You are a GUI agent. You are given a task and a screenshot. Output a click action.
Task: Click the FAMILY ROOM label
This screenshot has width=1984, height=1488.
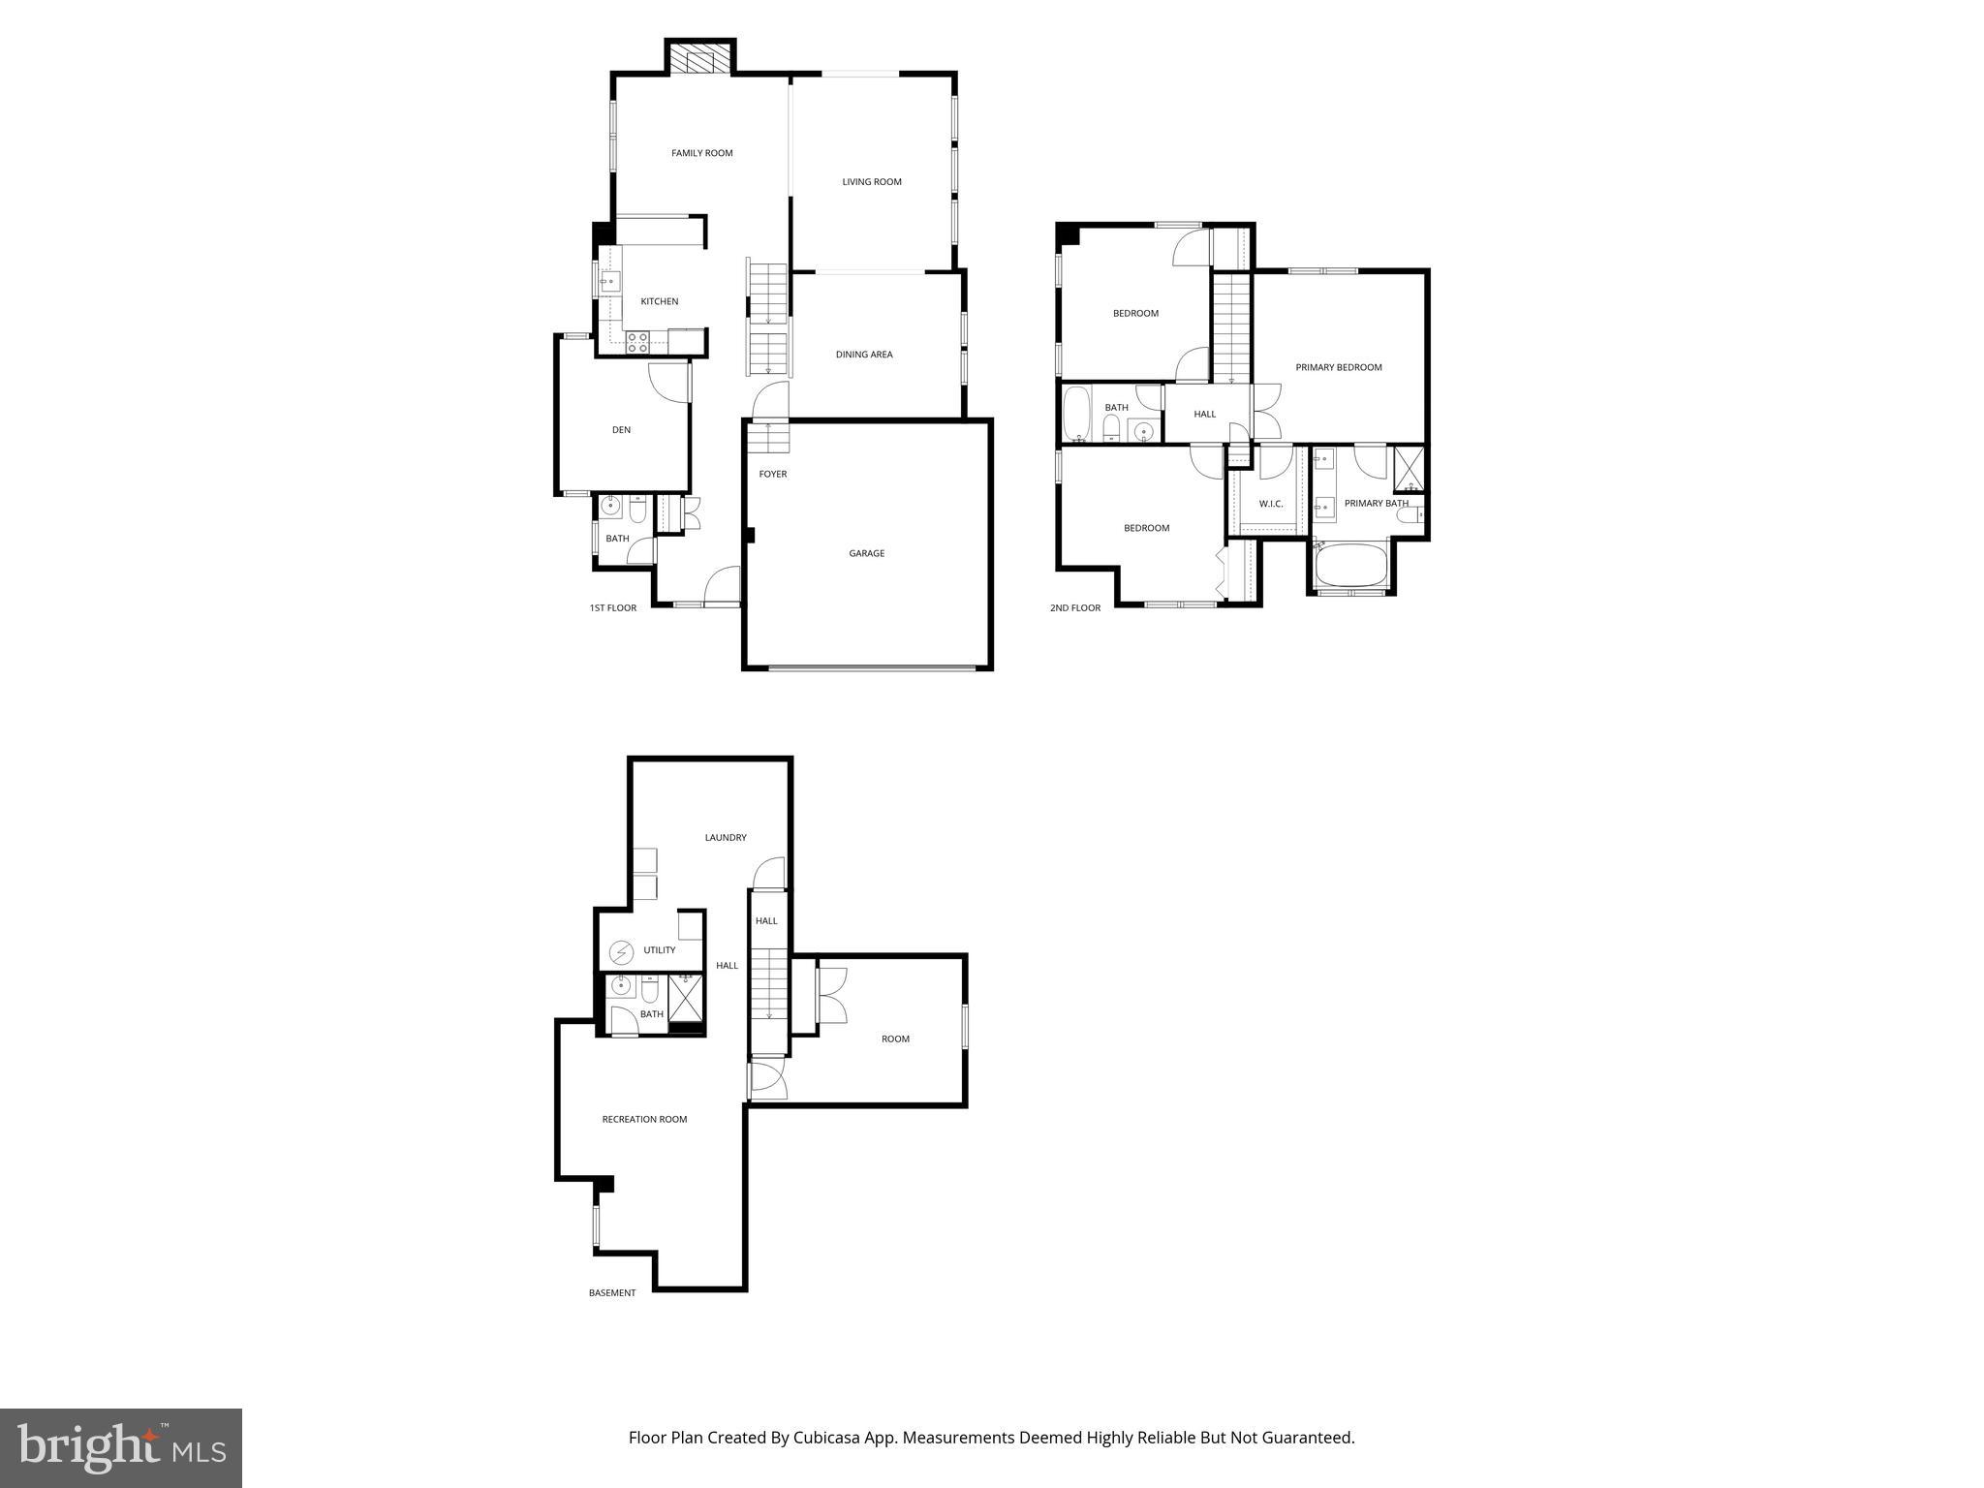[x=701, y=153]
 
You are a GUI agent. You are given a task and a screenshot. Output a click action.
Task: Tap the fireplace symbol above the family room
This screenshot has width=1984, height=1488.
[x=700, y=58]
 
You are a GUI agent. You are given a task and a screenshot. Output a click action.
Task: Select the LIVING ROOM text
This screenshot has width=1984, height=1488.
[x=872, y=182]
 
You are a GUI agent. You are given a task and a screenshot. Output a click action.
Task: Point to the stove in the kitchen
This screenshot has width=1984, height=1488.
[x=637, y=341]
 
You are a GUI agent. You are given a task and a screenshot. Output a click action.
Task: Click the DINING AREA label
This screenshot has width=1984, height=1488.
[x=864, y=355]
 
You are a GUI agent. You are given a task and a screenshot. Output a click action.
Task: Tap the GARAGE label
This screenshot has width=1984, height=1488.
[x=866, y=553]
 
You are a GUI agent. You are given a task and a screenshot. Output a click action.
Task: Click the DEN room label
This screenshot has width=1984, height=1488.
[x=621, y=430]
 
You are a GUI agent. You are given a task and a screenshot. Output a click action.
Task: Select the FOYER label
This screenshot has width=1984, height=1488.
[x=772, y=474]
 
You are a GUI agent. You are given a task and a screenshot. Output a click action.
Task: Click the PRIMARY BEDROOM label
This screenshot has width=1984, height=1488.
[x=1338, y=367]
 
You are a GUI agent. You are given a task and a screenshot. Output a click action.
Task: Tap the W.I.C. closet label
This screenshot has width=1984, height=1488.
[x=1270, y=504]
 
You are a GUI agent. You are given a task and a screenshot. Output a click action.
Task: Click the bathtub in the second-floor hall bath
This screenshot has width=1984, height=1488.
[x=1076, y=414]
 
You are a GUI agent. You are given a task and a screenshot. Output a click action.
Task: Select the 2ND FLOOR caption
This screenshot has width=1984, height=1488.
[x=1074, y=608]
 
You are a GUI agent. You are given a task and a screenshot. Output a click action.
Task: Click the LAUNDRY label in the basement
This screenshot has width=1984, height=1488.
[x=725, y=838]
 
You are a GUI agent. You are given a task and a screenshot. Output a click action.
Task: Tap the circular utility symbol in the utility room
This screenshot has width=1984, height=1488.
[x=621, y=953]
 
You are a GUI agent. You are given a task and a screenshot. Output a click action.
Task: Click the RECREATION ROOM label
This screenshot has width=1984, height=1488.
[x=644, y=1120]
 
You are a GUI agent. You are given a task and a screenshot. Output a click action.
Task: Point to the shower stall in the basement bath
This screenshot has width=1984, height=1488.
[x=686, y=998]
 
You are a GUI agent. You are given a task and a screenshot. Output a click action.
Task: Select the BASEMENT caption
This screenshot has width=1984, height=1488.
[x=612, y=1293]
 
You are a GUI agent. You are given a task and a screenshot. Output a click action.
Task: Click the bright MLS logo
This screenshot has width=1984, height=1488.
[x=121, y=1448]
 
